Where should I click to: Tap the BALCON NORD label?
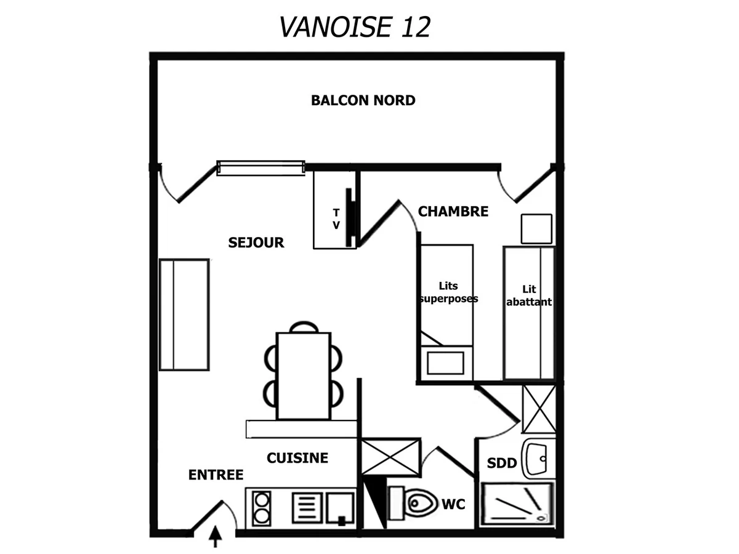click(x=363, y=100)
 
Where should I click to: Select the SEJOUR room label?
click(x=256, y=243)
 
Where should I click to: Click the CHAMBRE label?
click(x=453, y=212)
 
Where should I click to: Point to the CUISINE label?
click(x=297, y=458)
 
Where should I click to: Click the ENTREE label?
click(x=216, y=475)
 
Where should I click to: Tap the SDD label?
click(x=501, y=464)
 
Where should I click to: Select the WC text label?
click(x=453, y=505)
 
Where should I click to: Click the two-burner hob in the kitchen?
click(x=261, y=507)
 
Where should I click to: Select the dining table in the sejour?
click(x=303, y=375)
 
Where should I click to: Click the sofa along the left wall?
click(x=184, y=315)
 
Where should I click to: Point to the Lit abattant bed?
click(x=529, y=313)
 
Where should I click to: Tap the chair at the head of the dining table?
click(x=304, y=327)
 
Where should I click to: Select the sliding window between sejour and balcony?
click(x=261, y=168)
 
